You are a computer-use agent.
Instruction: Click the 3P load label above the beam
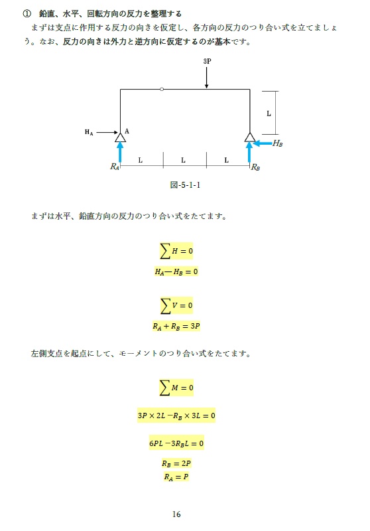[x=207, y=60]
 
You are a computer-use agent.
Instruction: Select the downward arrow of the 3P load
[x=207, y=78]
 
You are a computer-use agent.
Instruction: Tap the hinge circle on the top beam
[x=162, y=89]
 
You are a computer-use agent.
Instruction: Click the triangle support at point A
[x=120, y=137]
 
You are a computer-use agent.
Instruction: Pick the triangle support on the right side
[x=249, y=137]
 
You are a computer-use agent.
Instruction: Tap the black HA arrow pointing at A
[x=106, y=132]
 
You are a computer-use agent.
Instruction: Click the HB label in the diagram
[x=278, y=143]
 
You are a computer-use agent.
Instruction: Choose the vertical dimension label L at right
[x=269, y=114]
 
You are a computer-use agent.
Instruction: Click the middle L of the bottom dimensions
[x=183, y=160]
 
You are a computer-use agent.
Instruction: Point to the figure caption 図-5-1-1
[x=185, y=185]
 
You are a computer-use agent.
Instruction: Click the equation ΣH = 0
[x=176, y=251]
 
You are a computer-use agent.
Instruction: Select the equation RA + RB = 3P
[x=176, y=326]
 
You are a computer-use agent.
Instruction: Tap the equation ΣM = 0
[x=176, y=387]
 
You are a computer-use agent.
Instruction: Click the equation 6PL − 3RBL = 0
[x=176, y=443]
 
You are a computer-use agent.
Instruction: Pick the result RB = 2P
[x=176, y=463]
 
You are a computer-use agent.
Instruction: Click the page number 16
[x=176, y=514]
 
